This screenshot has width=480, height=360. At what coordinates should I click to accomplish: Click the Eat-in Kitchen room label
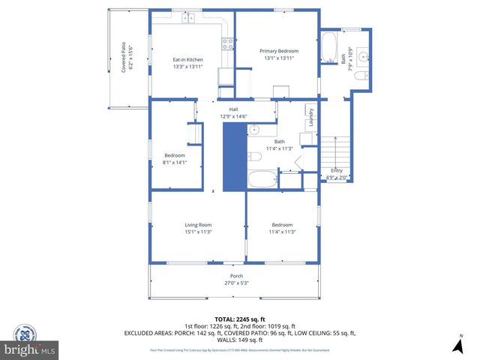click(x=187, y=59)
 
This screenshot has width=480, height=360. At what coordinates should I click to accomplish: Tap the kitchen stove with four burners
click(x=226, y=44)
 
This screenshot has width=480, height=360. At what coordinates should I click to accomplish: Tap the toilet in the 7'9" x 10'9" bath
click(x=361, y=76)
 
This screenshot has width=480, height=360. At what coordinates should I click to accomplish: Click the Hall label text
click(x=233, y=109)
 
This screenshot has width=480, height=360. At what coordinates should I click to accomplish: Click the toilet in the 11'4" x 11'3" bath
click(x=255, y=157)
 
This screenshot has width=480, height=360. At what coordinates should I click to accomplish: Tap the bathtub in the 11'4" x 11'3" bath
click(x=262, y=180)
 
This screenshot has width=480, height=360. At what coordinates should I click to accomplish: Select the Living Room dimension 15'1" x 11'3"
click(x=199, y=232)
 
